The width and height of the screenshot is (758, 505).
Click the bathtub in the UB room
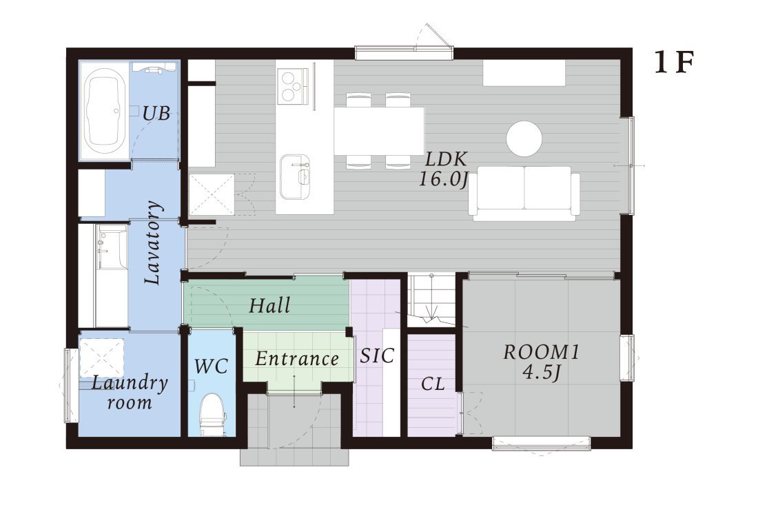pyautogui.click(x=105, y=110)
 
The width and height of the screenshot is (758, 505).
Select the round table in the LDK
pyautogui.click(x=524, y=138)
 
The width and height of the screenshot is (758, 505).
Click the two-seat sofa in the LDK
pyautogui.click(x=524, y=193)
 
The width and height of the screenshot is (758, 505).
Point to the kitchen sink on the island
pyautogui.click(x=295, y=176)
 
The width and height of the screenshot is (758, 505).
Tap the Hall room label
pyautogui.click(x=269, y=305)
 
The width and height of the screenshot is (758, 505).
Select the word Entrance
pyautogui.click(x=297, y=358)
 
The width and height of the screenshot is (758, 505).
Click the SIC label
pyautogui.click(x=377, y=355)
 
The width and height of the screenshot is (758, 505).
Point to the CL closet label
pyautogui.click(x=433, y=384)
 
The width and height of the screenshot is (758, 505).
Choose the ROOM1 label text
pyautogui.click(x=541, y=352)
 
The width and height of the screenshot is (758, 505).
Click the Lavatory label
pyautogui.click(x=153, y=242)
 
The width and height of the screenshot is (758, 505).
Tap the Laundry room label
pyautogui.click(x=129, y=393)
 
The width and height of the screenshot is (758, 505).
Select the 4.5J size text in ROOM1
pyautogui.click(x=541, y=372)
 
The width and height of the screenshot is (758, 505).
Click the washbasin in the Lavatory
pyautogui.click(x=112, y=247)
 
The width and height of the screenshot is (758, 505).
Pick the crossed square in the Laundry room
pyautogui.click(x=102, y=358)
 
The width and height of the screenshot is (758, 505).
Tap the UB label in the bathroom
pyautogui.click(x=156, y=114)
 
